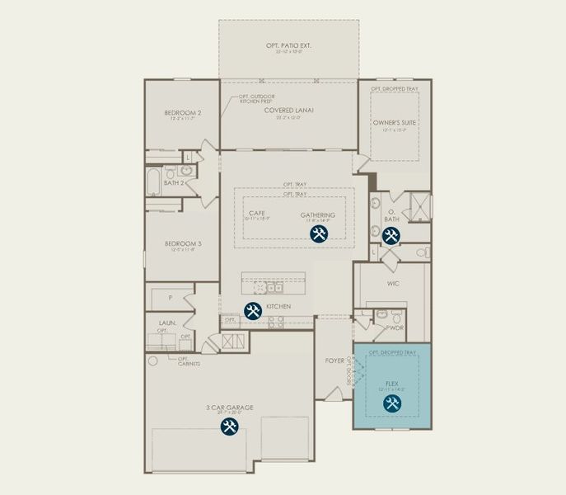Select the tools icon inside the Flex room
pyautogui.click(x=392, y=403)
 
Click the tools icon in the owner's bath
pyautogui.click(x=391, y=237)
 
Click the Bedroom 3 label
pyautogui.click(x=183, y=243)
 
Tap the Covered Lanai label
pyautogui.click(x=288, y=110)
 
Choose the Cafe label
pyautogui.click(x=256, y=213)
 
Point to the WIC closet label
pyautogui.click(x=392, y=282)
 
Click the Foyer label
pyautogui.click(x=334, y=360)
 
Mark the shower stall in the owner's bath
pyautogui.click(x=418, y=205)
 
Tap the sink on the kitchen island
pyautogui.click(x=275, y=289)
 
